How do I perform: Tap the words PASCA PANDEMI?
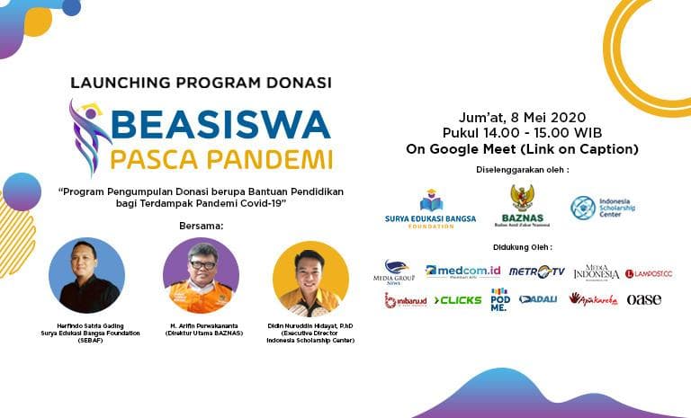click(221, 159)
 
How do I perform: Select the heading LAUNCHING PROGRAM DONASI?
click(201, 83)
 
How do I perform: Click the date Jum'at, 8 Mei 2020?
click(522, 118)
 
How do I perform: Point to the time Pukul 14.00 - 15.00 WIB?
click(522, 133)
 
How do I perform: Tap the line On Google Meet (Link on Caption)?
click(522, 149)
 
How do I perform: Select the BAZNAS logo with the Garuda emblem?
click(522, 206)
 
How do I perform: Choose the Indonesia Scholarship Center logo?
click(602, 208)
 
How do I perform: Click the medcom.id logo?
click(463, 271)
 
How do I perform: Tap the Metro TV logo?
click(536, 271)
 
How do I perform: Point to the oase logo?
click(643, 299)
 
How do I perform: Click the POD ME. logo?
click(499, 299)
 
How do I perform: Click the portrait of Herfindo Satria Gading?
click(87, 275)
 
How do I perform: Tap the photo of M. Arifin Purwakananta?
click(201, 275)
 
